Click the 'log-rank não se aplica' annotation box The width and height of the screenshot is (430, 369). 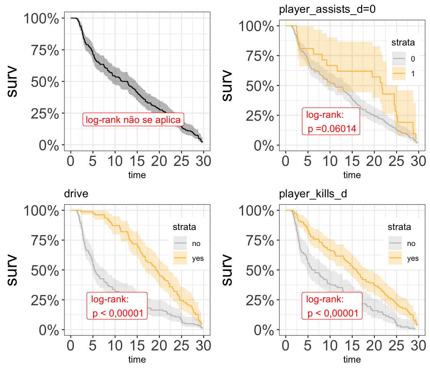coord(133,120)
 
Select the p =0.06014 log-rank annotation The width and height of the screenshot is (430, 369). coord(331,122)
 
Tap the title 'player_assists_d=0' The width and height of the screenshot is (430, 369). coord(327,9)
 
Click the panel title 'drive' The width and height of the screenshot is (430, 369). coord(76,194)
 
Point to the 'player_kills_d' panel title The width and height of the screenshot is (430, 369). coord(313,194)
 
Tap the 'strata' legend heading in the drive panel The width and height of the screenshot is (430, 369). coord(184,227)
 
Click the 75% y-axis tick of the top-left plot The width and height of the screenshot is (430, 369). coord(45,50)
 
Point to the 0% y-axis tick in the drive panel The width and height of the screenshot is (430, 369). coord(49,330)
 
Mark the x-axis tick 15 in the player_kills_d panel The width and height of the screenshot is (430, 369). coord(352,346)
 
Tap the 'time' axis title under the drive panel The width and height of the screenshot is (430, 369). coord(137,359)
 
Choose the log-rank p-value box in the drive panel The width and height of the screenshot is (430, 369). coord(117,306)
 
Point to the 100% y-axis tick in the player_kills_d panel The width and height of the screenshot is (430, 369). coord(256,211)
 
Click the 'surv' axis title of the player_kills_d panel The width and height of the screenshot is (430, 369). coord(227,270)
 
